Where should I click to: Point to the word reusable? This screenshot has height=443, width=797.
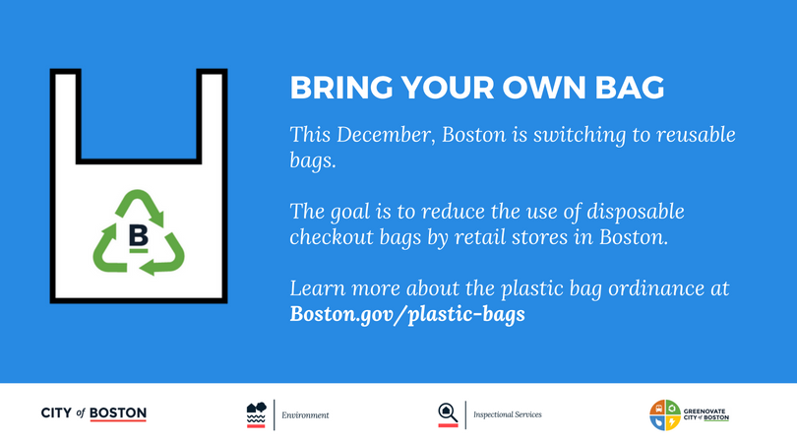[696, 135]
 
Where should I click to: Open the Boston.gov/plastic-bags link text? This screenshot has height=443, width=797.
[407, 314]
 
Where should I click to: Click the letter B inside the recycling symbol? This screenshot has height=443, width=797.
[139, 235]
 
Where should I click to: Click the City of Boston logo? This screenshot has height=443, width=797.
[93, 413]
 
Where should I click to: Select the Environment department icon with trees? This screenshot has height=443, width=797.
[256, 414]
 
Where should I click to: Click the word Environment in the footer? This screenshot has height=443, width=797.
[305, 415]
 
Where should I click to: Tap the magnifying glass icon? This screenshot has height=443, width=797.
[448, 414]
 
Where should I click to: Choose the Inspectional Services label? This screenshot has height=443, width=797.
[508, 414]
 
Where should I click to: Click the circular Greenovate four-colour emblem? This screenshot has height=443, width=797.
[665, 415]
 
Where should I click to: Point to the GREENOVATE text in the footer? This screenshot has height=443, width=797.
[705, 411]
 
